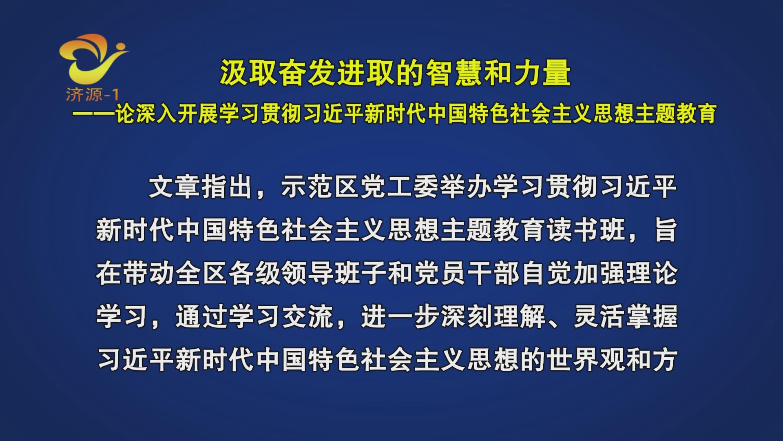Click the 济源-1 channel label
pos(93,95)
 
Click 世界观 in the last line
pos(585,360)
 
